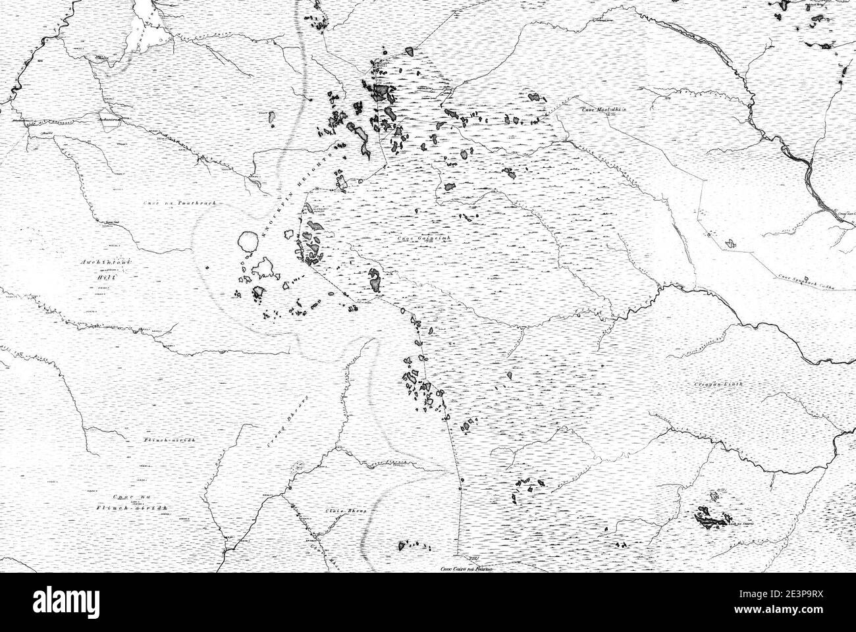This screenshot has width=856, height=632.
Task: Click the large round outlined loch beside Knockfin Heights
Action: pyautogui.click(x=247, y=242)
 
